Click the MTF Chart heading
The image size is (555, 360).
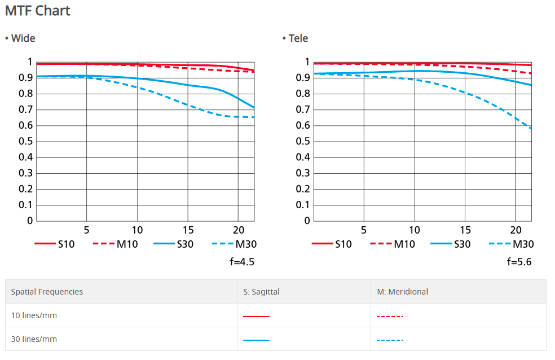pyautogui.click(x=38, y=11)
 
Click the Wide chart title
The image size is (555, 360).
pyautogui.click(x=20, y=38)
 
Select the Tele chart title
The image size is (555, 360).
pyautogui.click(x=296, y=38)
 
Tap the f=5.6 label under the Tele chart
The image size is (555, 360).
pyautogui.click(x=519, y=261)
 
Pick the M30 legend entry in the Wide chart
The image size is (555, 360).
pyautogui.click(x=234, y=244)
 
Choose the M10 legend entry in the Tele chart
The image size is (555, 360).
pyautogui.click(x=393, y=244)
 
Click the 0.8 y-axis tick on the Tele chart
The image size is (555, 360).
pyautogui.click(x=303, y=93)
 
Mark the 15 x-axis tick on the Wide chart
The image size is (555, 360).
pyautogui.click(x=188, y=230)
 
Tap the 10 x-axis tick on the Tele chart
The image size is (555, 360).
pyautogui.click(x=415, y=230)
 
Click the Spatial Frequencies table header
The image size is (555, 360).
pyautogui.click(x=47, y=292)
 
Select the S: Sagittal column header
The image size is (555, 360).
pyautogui.click(x=261, y=292)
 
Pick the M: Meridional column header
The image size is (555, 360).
pyautogui.click(x=402, y=292)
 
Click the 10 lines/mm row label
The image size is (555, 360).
pyautogui.click(x=34, y=315)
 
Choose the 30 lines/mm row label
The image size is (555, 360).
pyautogui.click(x=34, y=339)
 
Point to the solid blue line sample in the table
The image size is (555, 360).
pyautogui.click(x=256, y=340)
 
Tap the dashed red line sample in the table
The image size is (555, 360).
pyautogui.click(x=390, y=316)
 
